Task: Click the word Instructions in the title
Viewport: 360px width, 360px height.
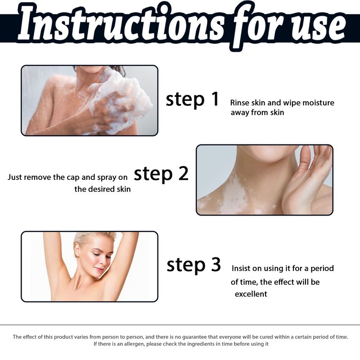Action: (x=121, y=25)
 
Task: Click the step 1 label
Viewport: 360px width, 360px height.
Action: (x=193, y=99)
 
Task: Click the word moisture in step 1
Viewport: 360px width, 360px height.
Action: (x=318, y=103)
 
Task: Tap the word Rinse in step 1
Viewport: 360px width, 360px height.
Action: (x=240, y=103)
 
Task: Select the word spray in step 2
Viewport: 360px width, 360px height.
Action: (x=107, y=178)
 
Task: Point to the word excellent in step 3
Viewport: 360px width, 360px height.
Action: (x=251, y=294)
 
